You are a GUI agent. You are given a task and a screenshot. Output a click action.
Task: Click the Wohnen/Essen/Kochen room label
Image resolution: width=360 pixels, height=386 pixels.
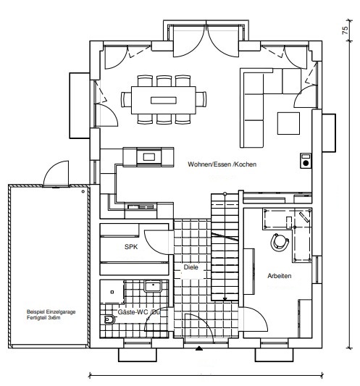point(222,164)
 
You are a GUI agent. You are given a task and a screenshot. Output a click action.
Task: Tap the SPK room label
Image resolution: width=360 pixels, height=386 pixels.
point(131,247)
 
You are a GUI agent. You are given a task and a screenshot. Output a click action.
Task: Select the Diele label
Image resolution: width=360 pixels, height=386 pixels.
point(191,267)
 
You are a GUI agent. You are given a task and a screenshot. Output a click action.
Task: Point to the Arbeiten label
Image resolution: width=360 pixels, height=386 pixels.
point(279,276)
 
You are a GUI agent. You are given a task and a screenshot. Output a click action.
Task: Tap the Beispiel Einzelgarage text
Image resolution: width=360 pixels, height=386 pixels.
point(51,311)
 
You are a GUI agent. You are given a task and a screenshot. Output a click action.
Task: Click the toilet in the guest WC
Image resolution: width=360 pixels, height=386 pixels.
point(109,319)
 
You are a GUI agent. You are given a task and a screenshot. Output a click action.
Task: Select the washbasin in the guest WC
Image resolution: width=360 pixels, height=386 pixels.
point(153,286)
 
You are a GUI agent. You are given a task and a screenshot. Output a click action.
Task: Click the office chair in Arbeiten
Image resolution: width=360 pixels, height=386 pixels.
point(279,242)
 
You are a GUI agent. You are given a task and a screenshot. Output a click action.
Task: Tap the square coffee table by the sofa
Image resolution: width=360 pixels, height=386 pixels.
point(288,123)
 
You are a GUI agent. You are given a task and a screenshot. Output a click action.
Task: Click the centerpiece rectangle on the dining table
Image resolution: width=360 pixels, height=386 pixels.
point(164,101)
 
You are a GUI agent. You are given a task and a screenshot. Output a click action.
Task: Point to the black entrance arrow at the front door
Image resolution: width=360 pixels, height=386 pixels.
point(199,348)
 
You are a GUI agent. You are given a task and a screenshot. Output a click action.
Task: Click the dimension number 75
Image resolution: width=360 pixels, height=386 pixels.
point(346,30)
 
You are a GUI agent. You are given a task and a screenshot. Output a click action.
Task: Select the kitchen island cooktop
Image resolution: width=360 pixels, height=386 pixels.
point(149,157)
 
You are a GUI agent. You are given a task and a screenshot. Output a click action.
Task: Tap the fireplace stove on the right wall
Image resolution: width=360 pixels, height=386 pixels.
point(306,161)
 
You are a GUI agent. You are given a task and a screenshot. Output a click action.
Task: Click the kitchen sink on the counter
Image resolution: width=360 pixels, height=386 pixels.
point(141,207)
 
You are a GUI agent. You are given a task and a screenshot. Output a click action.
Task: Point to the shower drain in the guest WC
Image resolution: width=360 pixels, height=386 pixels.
point(112,292)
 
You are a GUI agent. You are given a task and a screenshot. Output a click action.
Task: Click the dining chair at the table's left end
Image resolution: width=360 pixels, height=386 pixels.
point(126,99)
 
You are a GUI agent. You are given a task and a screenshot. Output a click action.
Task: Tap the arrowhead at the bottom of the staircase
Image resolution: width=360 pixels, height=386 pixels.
point(225,299)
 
